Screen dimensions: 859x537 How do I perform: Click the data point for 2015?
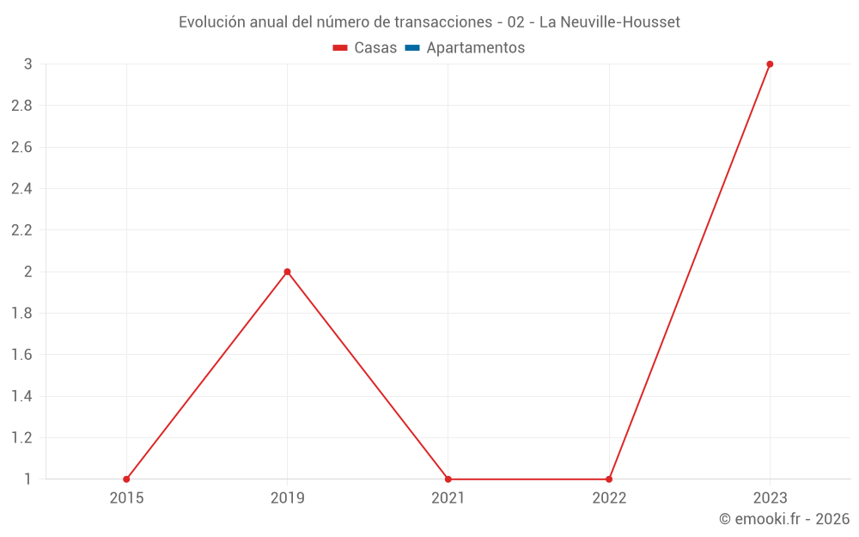[x=126, y=479]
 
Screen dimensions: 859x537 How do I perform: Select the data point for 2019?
[x=287, y=272]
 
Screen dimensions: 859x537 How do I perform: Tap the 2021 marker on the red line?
[x=448, y=479]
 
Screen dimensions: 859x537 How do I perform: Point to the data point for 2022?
[x=609, y=479]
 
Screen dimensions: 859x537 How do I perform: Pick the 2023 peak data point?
[x=770, y=64]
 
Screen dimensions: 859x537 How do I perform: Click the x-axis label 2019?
[x=287, y=497]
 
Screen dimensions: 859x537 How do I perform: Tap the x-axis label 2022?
[x=609, y=497]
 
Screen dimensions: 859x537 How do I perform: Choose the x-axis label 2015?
[x=126, y=497]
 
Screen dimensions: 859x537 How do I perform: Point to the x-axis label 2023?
[x=770, y=497]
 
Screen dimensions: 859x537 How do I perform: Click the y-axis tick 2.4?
[x=21, y=189]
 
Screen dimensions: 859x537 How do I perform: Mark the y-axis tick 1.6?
[x=21, y=355]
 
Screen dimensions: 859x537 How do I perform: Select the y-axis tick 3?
[x=27, y=64]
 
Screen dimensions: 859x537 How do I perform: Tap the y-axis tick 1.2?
[x=21, y=437]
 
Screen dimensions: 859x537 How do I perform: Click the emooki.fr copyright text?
[x=784, y=519]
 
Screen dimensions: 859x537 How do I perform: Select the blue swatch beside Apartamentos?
[x=411, y=48]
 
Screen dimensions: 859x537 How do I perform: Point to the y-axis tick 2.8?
[x=21, y=106]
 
